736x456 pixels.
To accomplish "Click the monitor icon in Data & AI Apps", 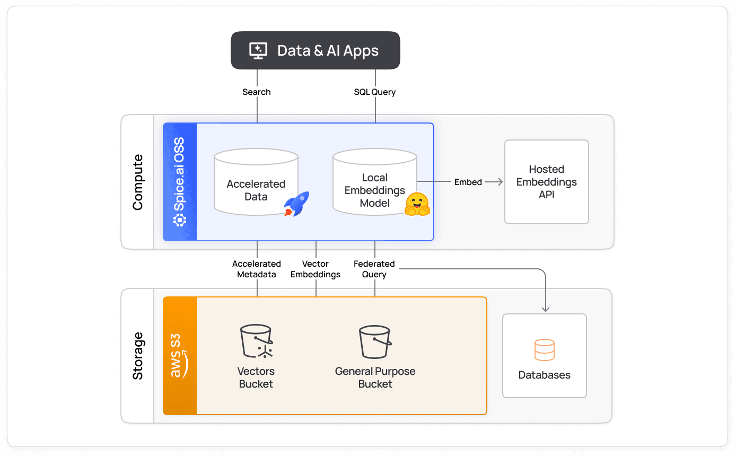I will [258, 50].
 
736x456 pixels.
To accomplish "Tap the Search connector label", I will [257, 92].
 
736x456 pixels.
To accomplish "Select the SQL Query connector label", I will [375, 92].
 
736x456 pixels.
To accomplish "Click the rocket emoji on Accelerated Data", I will [296, 204].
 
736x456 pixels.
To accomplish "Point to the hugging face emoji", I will [417, 204].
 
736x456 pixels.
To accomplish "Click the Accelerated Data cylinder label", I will [256, 190].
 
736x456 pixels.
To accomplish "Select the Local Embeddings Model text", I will [374, 190].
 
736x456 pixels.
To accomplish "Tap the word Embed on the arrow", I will [468, 182].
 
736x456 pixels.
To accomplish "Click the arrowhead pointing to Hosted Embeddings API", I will [500, 182].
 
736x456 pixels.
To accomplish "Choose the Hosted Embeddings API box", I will [546, 182].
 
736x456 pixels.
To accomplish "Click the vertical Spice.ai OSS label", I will [180, 182].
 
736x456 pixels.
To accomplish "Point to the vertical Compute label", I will [138, 182].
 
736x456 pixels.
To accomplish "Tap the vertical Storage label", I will [138, 356].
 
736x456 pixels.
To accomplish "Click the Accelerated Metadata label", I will [257, 269].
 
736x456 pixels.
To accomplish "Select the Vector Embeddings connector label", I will [316, 269].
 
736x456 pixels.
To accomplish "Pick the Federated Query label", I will [374, 269].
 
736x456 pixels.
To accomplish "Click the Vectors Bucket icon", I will [256, 342].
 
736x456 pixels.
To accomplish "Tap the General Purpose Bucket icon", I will [375, 342].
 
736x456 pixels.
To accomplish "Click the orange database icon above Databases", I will [545, 350].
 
